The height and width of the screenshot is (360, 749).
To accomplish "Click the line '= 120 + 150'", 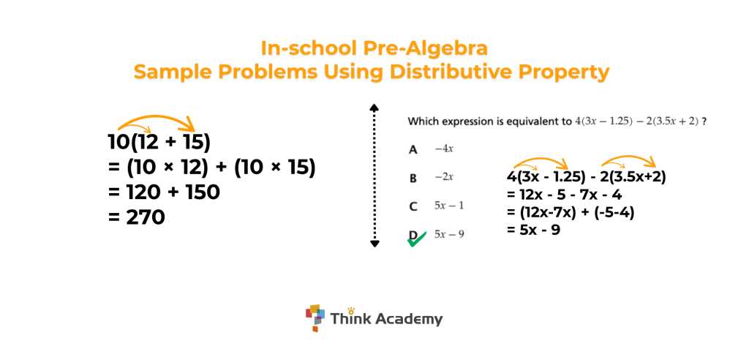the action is click(165, 192).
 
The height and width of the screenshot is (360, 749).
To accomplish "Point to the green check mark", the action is click(416, 239).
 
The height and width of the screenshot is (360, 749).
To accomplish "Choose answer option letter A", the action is click(413, 150).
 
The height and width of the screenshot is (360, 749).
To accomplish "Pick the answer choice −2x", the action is click(444, 177).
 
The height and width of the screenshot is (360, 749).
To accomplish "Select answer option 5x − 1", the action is click(448, 206).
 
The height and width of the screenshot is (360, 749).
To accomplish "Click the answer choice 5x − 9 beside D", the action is click(449, 234).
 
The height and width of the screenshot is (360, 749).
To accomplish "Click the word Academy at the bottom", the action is click(408, 319).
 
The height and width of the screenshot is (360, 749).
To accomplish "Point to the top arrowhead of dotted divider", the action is click(374, 107).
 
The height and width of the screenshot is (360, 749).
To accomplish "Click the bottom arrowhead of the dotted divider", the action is click(374, 244).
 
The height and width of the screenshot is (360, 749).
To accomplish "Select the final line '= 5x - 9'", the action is click(533, 230).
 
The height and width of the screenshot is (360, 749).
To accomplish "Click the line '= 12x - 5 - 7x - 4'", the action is click(564, 195).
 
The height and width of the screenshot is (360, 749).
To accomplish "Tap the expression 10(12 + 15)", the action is click(159, 143).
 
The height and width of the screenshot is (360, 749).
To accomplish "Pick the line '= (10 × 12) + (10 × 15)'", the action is click(211, 168).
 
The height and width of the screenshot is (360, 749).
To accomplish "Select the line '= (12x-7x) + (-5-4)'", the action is click(571, 212).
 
